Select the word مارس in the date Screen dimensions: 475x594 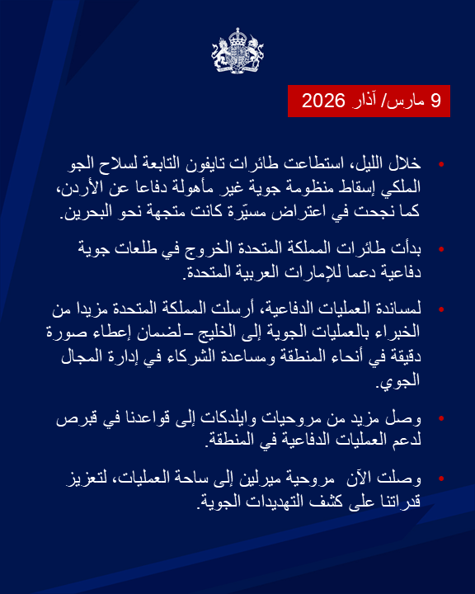(412, 101)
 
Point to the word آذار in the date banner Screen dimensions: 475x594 (374, 101)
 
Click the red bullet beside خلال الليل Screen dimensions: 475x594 (441, 165)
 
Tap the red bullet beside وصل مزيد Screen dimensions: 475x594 (441, 417)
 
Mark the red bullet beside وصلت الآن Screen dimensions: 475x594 (441, 478)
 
